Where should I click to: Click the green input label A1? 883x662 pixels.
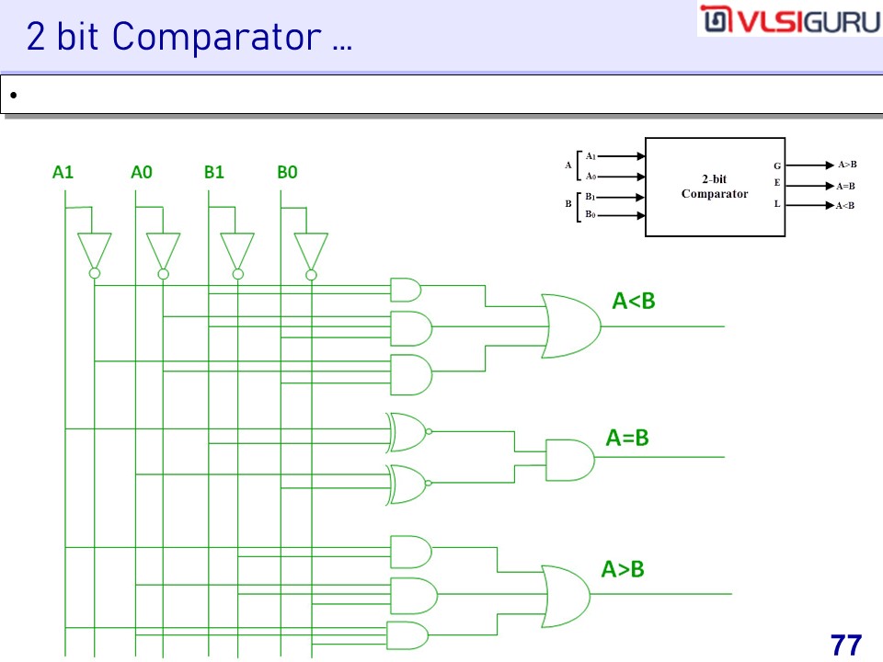point(63,171)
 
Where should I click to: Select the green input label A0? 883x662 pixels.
point(142,171)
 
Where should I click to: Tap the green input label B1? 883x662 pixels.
point(214,171)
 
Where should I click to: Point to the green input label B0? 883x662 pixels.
point(287,171)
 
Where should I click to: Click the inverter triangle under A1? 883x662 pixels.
point(94,248)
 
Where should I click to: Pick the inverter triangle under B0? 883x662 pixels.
point(311,248)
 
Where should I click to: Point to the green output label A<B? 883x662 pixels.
point(634,301)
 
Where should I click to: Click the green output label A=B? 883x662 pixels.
point(627,439)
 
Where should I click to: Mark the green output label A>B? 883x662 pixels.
point(623,569)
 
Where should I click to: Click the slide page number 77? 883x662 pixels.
point(845,645)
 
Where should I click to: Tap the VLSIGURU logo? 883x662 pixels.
point(789,20)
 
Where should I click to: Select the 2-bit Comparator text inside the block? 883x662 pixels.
point(715,187)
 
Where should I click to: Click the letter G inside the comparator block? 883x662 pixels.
point(777,165)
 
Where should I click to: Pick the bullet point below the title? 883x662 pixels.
point(14,96)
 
